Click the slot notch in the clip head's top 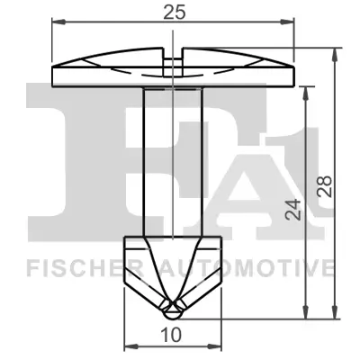172,51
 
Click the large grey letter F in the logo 72,153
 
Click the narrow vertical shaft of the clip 172,162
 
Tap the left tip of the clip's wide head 53,76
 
